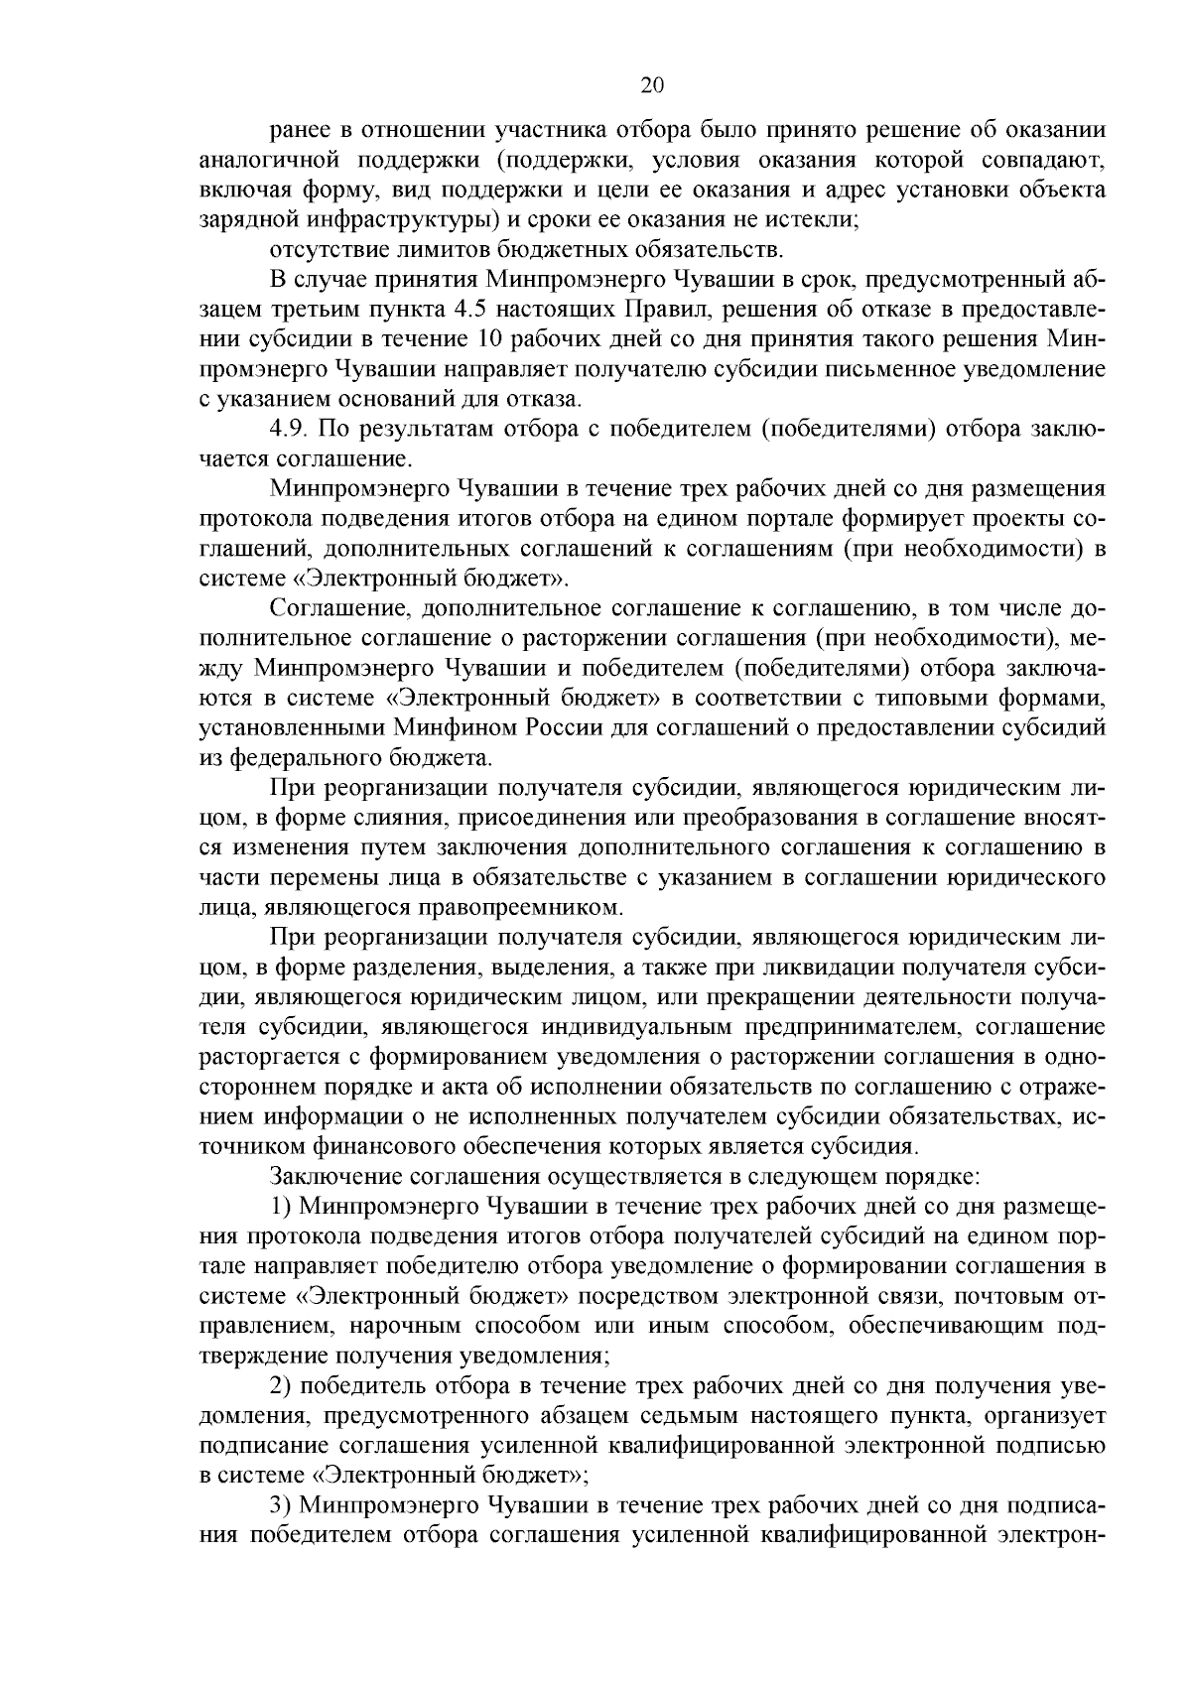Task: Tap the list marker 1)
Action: [x=281, y=1207]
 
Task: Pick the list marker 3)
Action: [x=281, y=1532]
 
